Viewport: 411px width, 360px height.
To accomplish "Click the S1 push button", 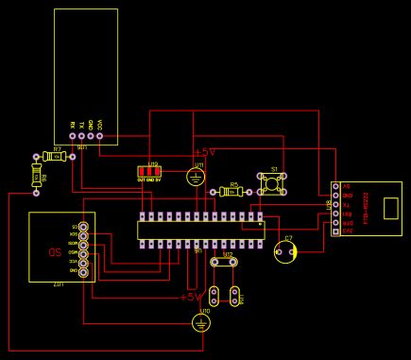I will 272,185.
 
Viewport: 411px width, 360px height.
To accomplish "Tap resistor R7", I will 57,156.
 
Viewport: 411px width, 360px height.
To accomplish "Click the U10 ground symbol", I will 199,323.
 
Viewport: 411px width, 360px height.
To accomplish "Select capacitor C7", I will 285,250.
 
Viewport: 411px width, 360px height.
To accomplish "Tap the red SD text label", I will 54,252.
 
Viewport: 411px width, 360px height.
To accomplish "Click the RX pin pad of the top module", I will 73,137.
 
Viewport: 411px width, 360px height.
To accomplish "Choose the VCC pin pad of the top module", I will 100,137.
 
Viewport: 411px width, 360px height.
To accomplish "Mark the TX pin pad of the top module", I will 82,137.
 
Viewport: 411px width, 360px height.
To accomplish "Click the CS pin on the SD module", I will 84,227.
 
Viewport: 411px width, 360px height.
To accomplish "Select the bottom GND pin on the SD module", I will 84,271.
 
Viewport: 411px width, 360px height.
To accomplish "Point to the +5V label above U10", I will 192,297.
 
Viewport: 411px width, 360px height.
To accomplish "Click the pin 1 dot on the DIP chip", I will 260,226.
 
